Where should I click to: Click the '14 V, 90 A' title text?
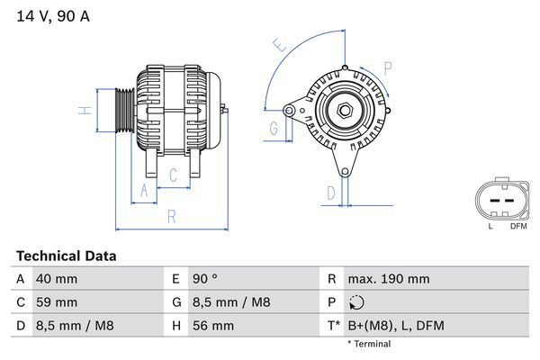[53, 15]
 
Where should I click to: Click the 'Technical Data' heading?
[66, 256]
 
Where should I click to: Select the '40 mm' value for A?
[56, 279]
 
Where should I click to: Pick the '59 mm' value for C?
[56, 302]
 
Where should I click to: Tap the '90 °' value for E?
[206, 279]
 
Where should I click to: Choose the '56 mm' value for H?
[211, 326]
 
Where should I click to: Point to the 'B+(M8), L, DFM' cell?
[396, 326]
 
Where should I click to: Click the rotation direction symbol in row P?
[356, 302]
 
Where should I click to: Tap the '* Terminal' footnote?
[369, 344]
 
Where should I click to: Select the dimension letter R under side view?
[171, 216]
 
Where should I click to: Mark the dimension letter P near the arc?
[387, 67]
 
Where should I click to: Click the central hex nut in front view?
[345, 111]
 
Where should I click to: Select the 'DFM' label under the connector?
[518, 225]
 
